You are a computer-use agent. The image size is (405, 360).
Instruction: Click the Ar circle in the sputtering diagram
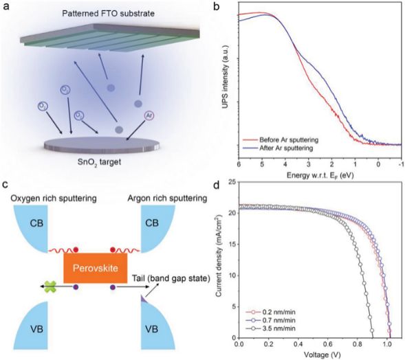pos(149,115)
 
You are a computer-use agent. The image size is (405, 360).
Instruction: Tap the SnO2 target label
pos(99,162)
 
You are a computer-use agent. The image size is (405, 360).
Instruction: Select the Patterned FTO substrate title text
pos(108,13)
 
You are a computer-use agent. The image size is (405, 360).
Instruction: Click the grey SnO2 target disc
pos(102,145)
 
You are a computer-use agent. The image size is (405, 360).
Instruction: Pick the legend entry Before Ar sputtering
pos(281,140)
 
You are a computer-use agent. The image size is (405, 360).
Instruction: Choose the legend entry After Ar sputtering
pos(278,148)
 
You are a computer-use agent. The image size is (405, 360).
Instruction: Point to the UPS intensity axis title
pos(225,76)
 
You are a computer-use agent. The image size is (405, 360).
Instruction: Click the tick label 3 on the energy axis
pos(309,164)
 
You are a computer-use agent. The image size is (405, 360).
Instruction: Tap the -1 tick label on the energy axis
pos(401,164)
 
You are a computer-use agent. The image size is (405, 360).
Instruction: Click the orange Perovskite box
pos(96,268)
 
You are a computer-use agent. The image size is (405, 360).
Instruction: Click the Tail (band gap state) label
pos(171,278)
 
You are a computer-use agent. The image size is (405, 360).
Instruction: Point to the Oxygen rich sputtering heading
pos(54,198)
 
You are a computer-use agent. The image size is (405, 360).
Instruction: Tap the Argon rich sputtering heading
pos(167,198)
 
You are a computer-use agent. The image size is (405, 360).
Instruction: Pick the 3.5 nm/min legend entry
pos(271,328)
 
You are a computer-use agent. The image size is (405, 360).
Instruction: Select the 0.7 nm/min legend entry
pos(271,320)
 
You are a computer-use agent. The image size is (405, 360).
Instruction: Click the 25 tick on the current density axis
pos(232,182)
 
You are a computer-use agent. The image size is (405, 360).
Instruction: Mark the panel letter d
pos(216,185)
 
